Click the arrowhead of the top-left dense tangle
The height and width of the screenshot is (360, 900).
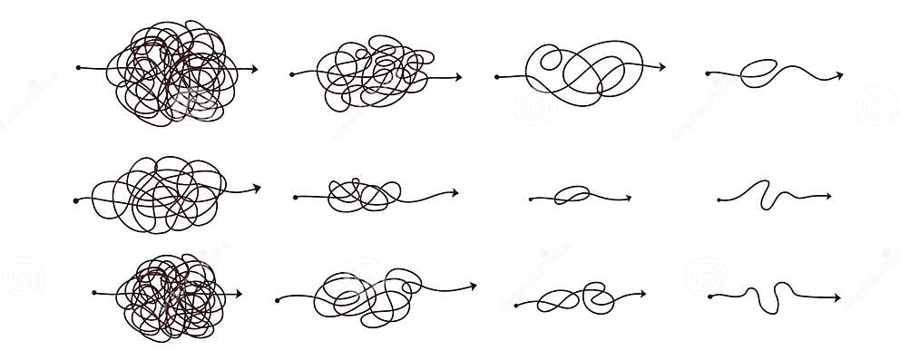click(255, 68)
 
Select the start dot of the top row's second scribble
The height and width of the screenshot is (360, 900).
click(292, 73)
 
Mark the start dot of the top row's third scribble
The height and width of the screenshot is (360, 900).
click(497, 79)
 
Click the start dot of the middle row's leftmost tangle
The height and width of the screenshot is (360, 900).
click(75, 199)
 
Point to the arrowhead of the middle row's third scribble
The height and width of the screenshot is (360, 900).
click(628, 197)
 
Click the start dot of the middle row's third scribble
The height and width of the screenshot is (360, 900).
click(531, 199)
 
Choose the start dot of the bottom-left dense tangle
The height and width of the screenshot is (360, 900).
click(94, 293)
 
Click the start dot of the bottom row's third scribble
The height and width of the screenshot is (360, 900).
click(515, 306)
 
